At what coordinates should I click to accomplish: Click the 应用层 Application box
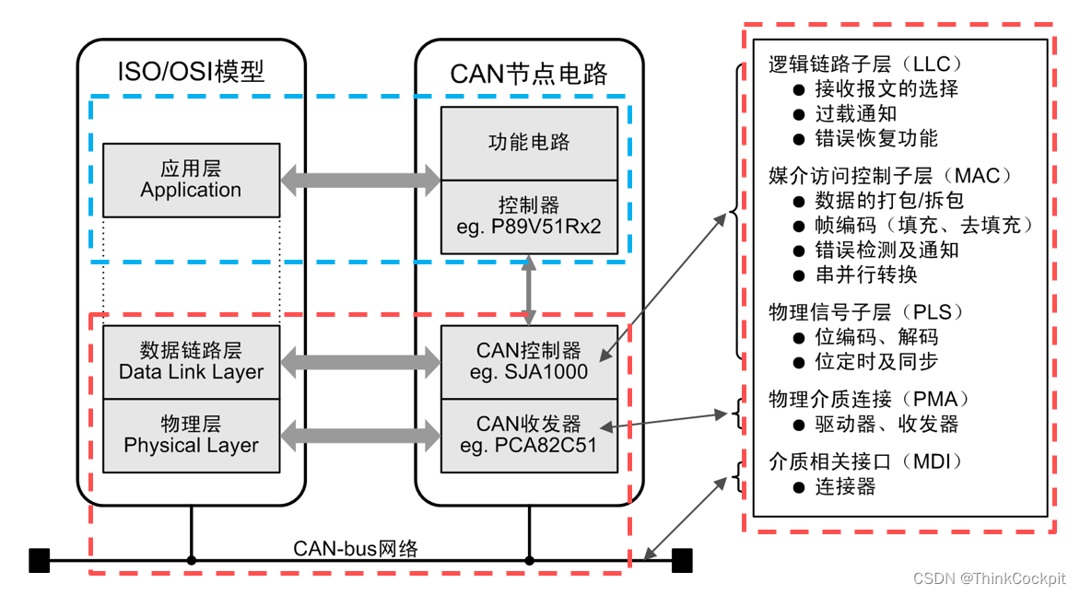191,180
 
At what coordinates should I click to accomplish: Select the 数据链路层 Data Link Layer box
191,362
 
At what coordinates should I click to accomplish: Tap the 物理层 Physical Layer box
191,436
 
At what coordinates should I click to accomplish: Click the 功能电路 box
529,143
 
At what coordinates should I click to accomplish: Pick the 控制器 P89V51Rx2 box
529,216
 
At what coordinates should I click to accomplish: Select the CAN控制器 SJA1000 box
529,362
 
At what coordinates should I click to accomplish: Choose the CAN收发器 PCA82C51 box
529,436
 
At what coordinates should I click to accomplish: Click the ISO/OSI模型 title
191,72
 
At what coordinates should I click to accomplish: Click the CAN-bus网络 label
356,549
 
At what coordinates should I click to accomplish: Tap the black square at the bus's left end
39,560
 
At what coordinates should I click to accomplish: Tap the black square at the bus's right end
681,560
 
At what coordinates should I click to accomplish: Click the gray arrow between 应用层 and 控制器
360,181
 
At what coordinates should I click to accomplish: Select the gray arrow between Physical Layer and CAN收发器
360,436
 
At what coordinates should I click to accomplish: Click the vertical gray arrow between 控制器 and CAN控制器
529,290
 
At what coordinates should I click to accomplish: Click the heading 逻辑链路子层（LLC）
865,64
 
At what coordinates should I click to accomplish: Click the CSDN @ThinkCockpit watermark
989,578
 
